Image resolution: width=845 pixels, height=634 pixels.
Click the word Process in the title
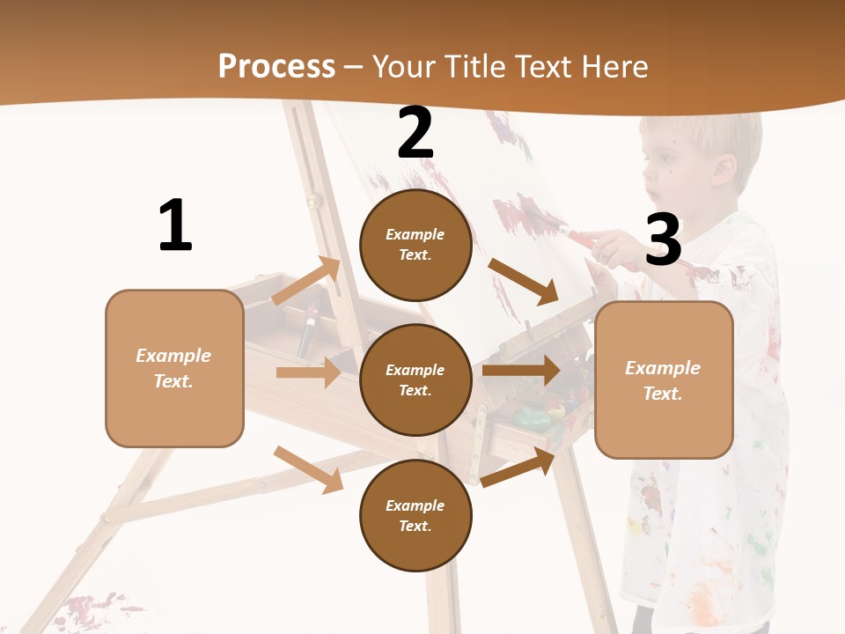pos(276,67)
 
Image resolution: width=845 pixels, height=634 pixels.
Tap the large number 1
pos(175,225)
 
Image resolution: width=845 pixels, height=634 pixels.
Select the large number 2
pos(415,133)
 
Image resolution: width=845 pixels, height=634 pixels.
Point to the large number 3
pos(663,240)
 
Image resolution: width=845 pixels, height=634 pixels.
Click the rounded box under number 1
pos(174,368)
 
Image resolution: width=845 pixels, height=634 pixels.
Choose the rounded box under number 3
pos(664,380)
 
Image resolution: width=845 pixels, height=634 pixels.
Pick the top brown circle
pos(415,245)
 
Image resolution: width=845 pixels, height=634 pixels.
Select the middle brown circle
pos(415,380)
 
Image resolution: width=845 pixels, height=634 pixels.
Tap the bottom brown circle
pos(415,515)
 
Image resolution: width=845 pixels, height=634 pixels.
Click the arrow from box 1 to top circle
pos(306,280)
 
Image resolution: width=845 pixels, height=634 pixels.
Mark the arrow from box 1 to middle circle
pos(308,372)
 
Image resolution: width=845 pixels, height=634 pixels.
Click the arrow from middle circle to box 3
pos(521,370)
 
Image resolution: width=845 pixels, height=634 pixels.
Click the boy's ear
pos(724,169)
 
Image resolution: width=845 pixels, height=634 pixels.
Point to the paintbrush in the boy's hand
pos(585,236)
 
